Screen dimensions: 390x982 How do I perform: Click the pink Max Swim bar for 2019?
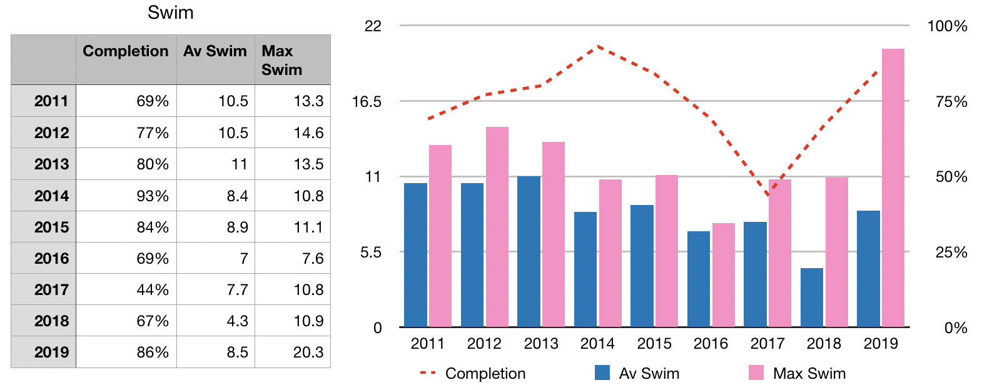point(893,187)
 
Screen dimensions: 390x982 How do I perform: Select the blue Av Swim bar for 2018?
point(811,297)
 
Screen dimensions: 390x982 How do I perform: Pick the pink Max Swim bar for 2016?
point(723,275)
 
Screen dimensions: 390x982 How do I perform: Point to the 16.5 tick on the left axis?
point(367,102)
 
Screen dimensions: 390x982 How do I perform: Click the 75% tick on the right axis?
point(951,102)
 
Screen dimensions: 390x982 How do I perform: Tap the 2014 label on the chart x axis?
point(597,344)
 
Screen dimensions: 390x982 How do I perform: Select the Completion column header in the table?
point(126,51)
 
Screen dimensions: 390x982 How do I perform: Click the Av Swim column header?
point(215,51)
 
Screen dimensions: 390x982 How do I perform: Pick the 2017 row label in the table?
point(51,290)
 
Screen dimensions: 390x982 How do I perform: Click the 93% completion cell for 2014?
point(153,196)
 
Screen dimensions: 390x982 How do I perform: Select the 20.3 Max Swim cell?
point(308,352)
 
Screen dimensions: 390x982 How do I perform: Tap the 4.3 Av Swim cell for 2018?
point(237,321)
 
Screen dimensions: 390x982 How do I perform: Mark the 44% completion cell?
point(153,290)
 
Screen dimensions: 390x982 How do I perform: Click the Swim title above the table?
point(170,13)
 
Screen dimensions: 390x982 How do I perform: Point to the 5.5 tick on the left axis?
point(370,252)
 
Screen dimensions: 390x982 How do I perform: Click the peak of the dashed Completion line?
point(598,46)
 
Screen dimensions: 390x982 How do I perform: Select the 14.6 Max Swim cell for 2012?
point(308,133)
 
